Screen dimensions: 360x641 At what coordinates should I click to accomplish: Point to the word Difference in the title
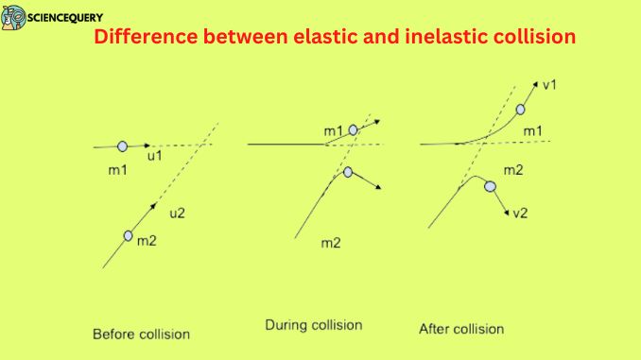point(139,39)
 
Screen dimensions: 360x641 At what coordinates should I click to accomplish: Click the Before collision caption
point(141,334)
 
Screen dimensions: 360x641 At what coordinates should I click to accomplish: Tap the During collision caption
point(314,325)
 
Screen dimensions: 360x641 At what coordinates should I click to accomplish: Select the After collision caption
point(461,329)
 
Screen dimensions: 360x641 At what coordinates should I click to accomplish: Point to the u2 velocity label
point(177,214)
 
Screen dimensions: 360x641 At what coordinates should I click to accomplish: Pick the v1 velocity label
point(549,85)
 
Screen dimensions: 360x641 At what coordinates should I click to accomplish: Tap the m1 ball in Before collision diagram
point(123,146)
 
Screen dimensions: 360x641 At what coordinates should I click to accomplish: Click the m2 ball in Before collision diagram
point(130,236)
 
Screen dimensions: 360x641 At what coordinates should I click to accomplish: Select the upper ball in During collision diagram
point(354,130)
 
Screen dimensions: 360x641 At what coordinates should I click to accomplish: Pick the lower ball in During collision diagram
point(348,172)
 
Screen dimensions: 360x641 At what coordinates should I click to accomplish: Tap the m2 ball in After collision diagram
point(490,187)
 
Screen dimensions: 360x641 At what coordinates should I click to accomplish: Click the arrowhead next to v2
point(507,209)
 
